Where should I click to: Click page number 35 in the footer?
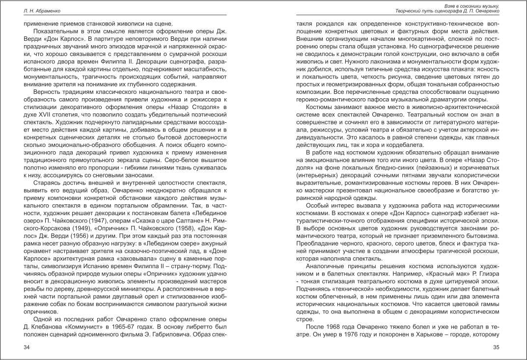pyautogui.click(x=496, y=348)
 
